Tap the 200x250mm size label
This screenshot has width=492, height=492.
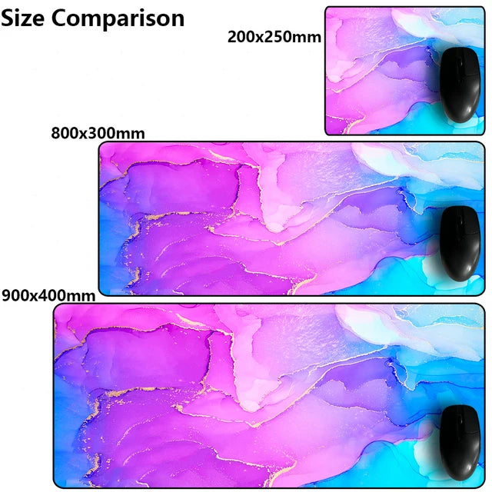click(x=274, y=36)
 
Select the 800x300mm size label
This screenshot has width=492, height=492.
click(x=98, y=133)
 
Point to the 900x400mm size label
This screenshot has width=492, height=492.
click(x=48, y=294)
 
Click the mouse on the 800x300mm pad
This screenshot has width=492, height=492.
click(x=460, y=244)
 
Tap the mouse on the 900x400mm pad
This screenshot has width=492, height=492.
click(x=460, y=439)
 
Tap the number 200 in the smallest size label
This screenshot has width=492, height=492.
click(x=242, y=36)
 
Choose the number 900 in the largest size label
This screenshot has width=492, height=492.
click(x=15, y=294)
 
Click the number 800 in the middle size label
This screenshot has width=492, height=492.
click(x=65, y=133)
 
